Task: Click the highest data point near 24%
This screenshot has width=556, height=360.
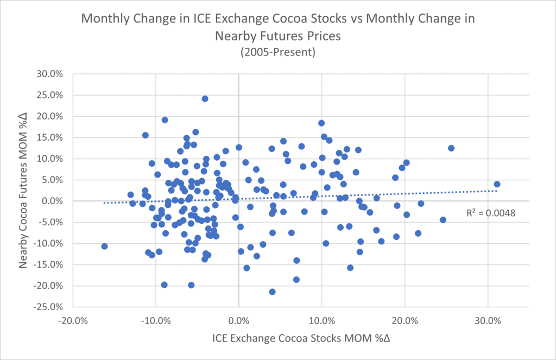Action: [205, 99]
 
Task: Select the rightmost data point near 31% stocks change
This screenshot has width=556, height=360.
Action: [497, 184]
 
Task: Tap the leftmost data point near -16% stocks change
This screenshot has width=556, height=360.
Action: [104, 246]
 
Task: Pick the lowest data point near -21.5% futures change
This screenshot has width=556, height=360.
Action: [272, 292]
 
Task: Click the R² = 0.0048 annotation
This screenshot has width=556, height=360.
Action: [490, 213]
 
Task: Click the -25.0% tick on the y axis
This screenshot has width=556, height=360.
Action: [48, 307]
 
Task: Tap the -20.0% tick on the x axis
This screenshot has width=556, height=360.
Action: [72, 320]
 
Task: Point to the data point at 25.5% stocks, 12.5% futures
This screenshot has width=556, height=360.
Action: [451, 148]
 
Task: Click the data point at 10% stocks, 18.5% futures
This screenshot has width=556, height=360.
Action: [321, 123]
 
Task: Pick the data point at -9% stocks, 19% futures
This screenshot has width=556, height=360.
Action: [165, 120]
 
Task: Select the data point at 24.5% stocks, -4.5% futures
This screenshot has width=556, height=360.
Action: [443, 220]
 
